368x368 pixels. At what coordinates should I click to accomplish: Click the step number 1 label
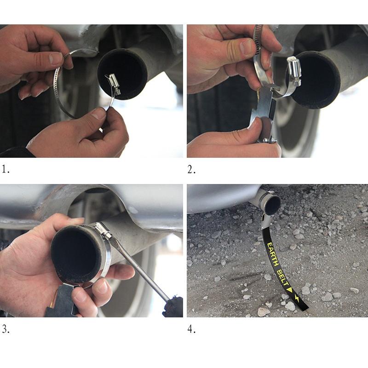5,169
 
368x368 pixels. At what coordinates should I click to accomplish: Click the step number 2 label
191,169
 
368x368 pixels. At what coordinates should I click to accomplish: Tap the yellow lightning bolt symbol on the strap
297,298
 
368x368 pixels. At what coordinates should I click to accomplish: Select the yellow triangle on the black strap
290,290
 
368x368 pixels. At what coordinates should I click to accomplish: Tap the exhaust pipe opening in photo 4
273,205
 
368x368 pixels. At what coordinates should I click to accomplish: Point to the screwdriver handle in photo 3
173,306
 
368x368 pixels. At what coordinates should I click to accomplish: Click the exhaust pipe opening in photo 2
315,80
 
